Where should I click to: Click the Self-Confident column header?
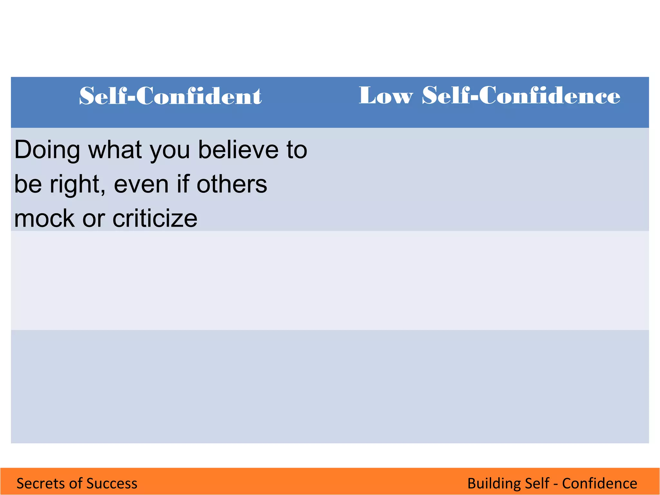[170, 96]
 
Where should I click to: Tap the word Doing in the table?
[47, 150]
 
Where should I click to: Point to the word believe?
[238, 150]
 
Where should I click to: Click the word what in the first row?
[115, 150]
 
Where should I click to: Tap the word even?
[141, 184]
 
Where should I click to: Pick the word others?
[232, 184]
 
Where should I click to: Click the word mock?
[44, 218]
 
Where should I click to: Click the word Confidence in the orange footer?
[599, 483]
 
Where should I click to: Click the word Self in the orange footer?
[537, 483]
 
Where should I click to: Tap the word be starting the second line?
[28, 184]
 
